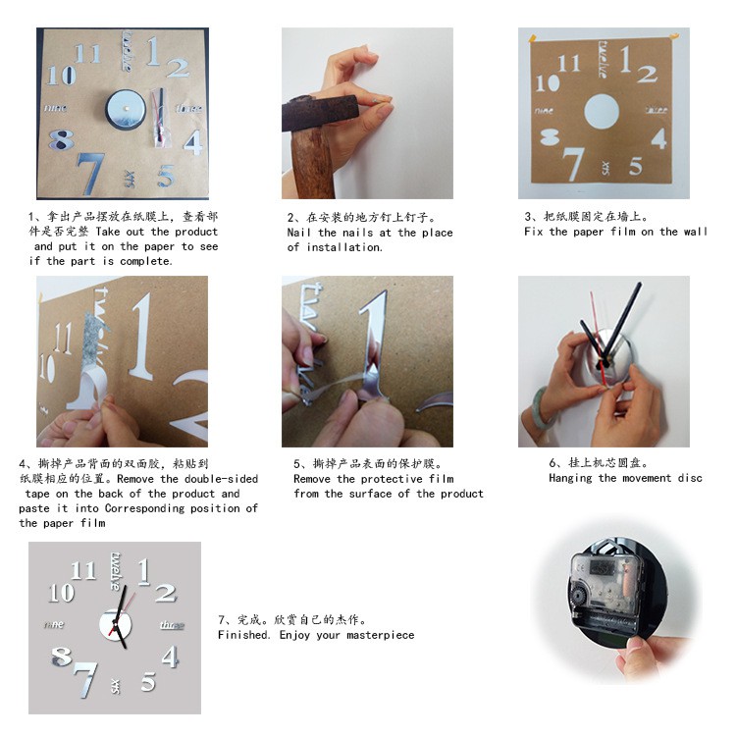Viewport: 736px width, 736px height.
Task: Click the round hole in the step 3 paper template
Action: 602,112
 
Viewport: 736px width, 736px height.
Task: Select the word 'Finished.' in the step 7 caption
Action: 243,635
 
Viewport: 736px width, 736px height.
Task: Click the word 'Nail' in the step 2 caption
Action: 298,233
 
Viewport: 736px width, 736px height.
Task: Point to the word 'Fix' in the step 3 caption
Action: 533,232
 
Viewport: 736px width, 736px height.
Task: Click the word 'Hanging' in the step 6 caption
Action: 572,478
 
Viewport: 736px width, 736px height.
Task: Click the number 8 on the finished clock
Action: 61,657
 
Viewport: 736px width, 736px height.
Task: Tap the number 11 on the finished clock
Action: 83,571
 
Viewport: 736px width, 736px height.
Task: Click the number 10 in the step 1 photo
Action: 61,75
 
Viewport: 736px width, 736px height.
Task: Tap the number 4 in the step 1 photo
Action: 193,142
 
